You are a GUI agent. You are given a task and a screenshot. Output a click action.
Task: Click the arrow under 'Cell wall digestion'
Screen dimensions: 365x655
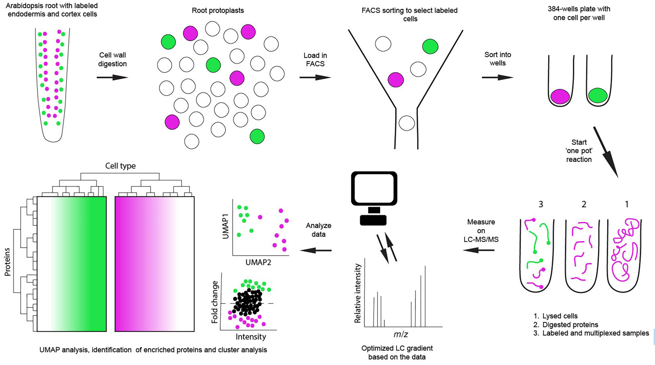[x=112, y=77]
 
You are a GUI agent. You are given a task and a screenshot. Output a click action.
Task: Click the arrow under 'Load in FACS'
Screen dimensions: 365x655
[x=315, y=77]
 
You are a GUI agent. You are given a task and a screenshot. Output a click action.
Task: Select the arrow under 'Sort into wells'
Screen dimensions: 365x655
[x=497, y=77]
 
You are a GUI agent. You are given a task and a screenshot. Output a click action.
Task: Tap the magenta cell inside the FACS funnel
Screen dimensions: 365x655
[x=396, y=80]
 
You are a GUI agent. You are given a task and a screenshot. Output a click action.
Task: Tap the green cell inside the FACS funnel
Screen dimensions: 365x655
[x=430, y=47]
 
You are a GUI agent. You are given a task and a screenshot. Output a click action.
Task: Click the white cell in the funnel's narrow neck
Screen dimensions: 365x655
[x=407, y=123]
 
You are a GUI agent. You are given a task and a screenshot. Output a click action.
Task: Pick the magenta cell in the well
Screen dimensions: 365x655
[x=560, y=96]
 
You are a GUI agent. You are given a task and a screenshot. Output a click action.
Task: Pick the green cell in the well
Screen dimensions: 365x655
[x=597, y=95]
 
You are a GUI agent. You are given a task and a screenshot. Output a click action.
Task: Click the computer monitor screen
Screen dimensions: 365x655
[x=374, y=188]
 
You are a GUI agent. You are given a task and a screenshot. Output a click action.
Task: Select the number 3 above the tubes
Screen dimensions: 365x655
[x=540, y=204]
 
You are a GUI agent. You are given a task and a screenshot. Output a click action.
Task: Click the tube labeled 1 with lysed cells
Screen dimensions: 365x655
[x=624, y=256]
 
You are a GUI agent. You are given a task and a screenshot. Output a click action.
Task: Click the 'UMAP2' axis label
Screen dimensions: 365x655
[x=258, y=262]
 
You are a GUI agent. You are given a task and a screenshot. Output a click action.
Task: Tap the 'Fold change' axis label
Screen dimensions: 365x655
[x=215, y=302]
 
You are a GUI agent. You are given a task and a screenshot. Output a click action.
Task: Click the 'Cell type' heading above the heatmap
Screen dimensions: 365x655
[x=120, y=166]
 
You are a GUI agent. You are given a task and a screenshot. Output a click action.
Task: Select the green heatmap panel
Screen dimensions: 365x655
[x=72, y=264]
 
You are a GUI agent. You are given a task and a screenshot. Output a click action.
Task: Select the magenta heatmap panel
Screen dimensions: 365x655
[x=155, y=264]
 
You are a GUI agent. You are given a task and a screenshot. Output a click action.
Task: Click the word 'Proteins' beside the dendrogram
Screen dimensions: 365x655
[x=7, y=262]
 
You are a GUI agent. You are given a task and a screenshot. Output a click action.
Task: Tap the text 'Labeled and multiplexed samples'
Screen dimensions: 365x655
[x=595, y=333]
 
